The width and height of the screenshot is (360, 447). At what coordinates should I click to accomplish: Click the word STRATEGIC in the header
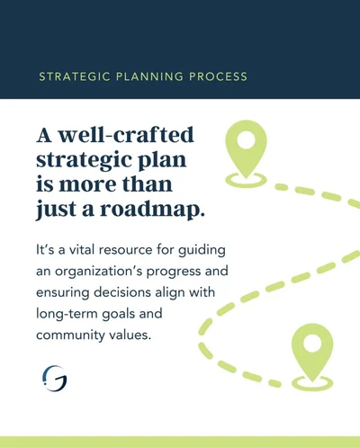(75, 76)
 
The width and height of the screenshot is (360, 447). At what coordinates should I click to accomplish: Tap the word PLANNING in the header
(149, 76)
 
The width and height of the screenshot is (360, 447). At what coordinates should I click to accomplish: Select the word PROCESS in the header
(218, 76)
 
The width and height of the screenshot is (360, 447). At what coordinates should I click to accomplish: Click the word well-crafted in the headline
(126, 135)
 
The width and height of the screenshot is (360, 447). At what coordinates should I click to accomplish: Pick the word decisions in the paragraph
(121, 292)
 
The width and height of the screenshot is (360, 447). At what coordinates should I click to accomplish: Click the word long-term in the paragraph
(67, 314)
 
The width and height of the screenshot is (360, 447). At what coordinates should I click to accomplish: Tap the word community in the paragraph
(70, 335)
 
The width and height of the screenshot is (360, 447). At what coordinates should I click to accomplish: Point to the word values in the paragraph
(130, 335)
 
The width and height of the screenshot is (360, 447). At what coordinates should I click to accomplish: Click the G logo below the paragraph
(55, 379)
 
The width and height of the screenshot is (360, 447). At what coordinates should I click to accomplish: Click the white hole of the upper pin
(246, 140)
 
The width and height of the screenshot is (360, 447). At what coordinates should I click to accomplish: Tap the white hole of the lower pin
(312, 344)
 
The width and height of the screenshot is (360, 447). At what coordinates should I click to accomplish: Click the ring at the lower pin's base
(312, 389)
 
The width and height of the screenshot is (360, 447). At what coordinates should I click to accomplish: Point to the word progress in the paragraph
(174, 272)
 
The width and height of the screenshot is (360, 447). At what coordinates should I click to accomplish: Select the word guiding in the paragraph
(202, 251)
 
